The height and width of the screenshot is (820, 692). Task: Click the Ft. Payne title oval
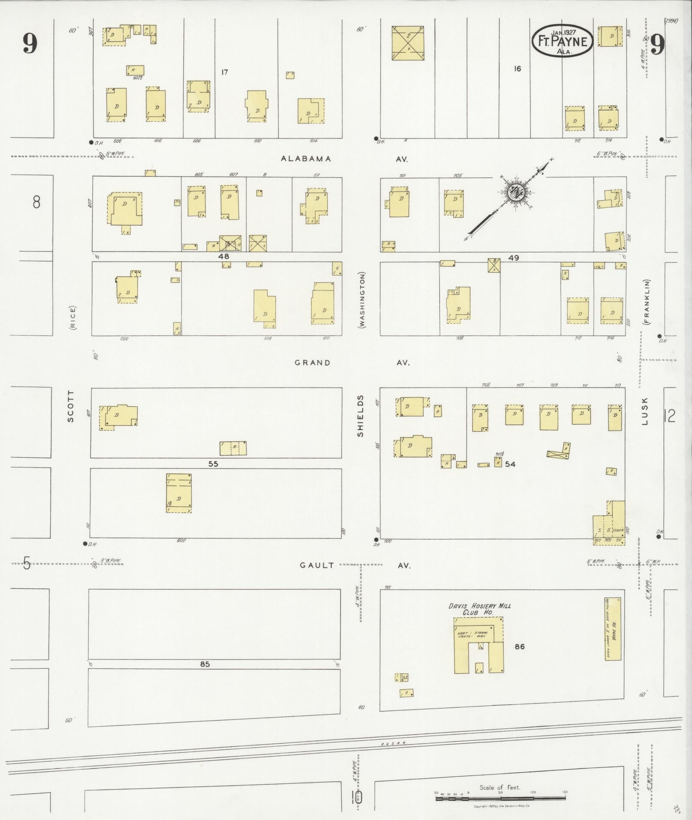[x=563, y=42]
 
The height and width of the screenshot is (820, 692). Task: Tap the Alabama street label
[x=306, y=159]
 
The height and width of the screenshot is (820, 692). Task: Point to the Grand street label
[x=312, y=363]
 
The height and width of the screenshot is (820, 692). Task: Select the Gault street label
[x=317, y=565]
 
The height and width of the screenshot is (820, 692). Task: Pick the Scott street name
[x=71, y=405]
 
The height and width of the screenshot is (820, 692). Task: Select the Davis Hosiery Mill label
[x=479, y=606]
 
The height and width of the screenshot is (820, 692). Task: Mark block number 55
[x=213, y=464]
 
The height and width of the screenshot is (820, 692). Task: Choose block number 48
[x=224, y=256]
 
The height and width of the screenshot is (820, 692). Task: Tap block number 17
[x=224, y=72]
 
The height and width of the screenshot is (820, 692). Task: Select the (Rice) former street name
[x=72, y=318]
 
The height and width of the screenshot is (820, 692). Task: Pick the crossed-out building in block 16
[x=408, y=43]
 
